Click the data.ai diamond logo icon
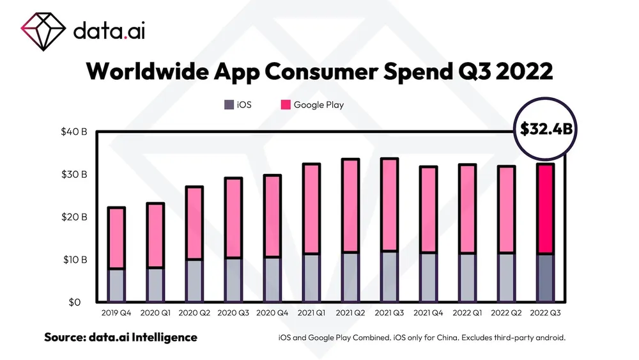click(44, 29)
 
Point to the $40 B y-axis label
click(74, 132)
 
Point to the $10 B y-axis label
click(75, 260)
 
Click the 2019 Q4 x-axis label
click(116, 313)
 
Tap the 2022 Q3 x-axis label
click(544, 313)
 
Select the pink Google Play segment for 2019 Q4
click(116, 238)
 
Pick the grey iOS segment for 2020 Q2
click(194, 281)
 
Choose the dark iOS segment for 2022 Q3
click(545, 278)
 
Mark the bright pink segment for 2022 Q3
click(545, 209)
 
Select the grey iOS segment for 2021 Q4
click(427, 278)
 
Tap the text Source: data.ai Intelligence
click(121, 337)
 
